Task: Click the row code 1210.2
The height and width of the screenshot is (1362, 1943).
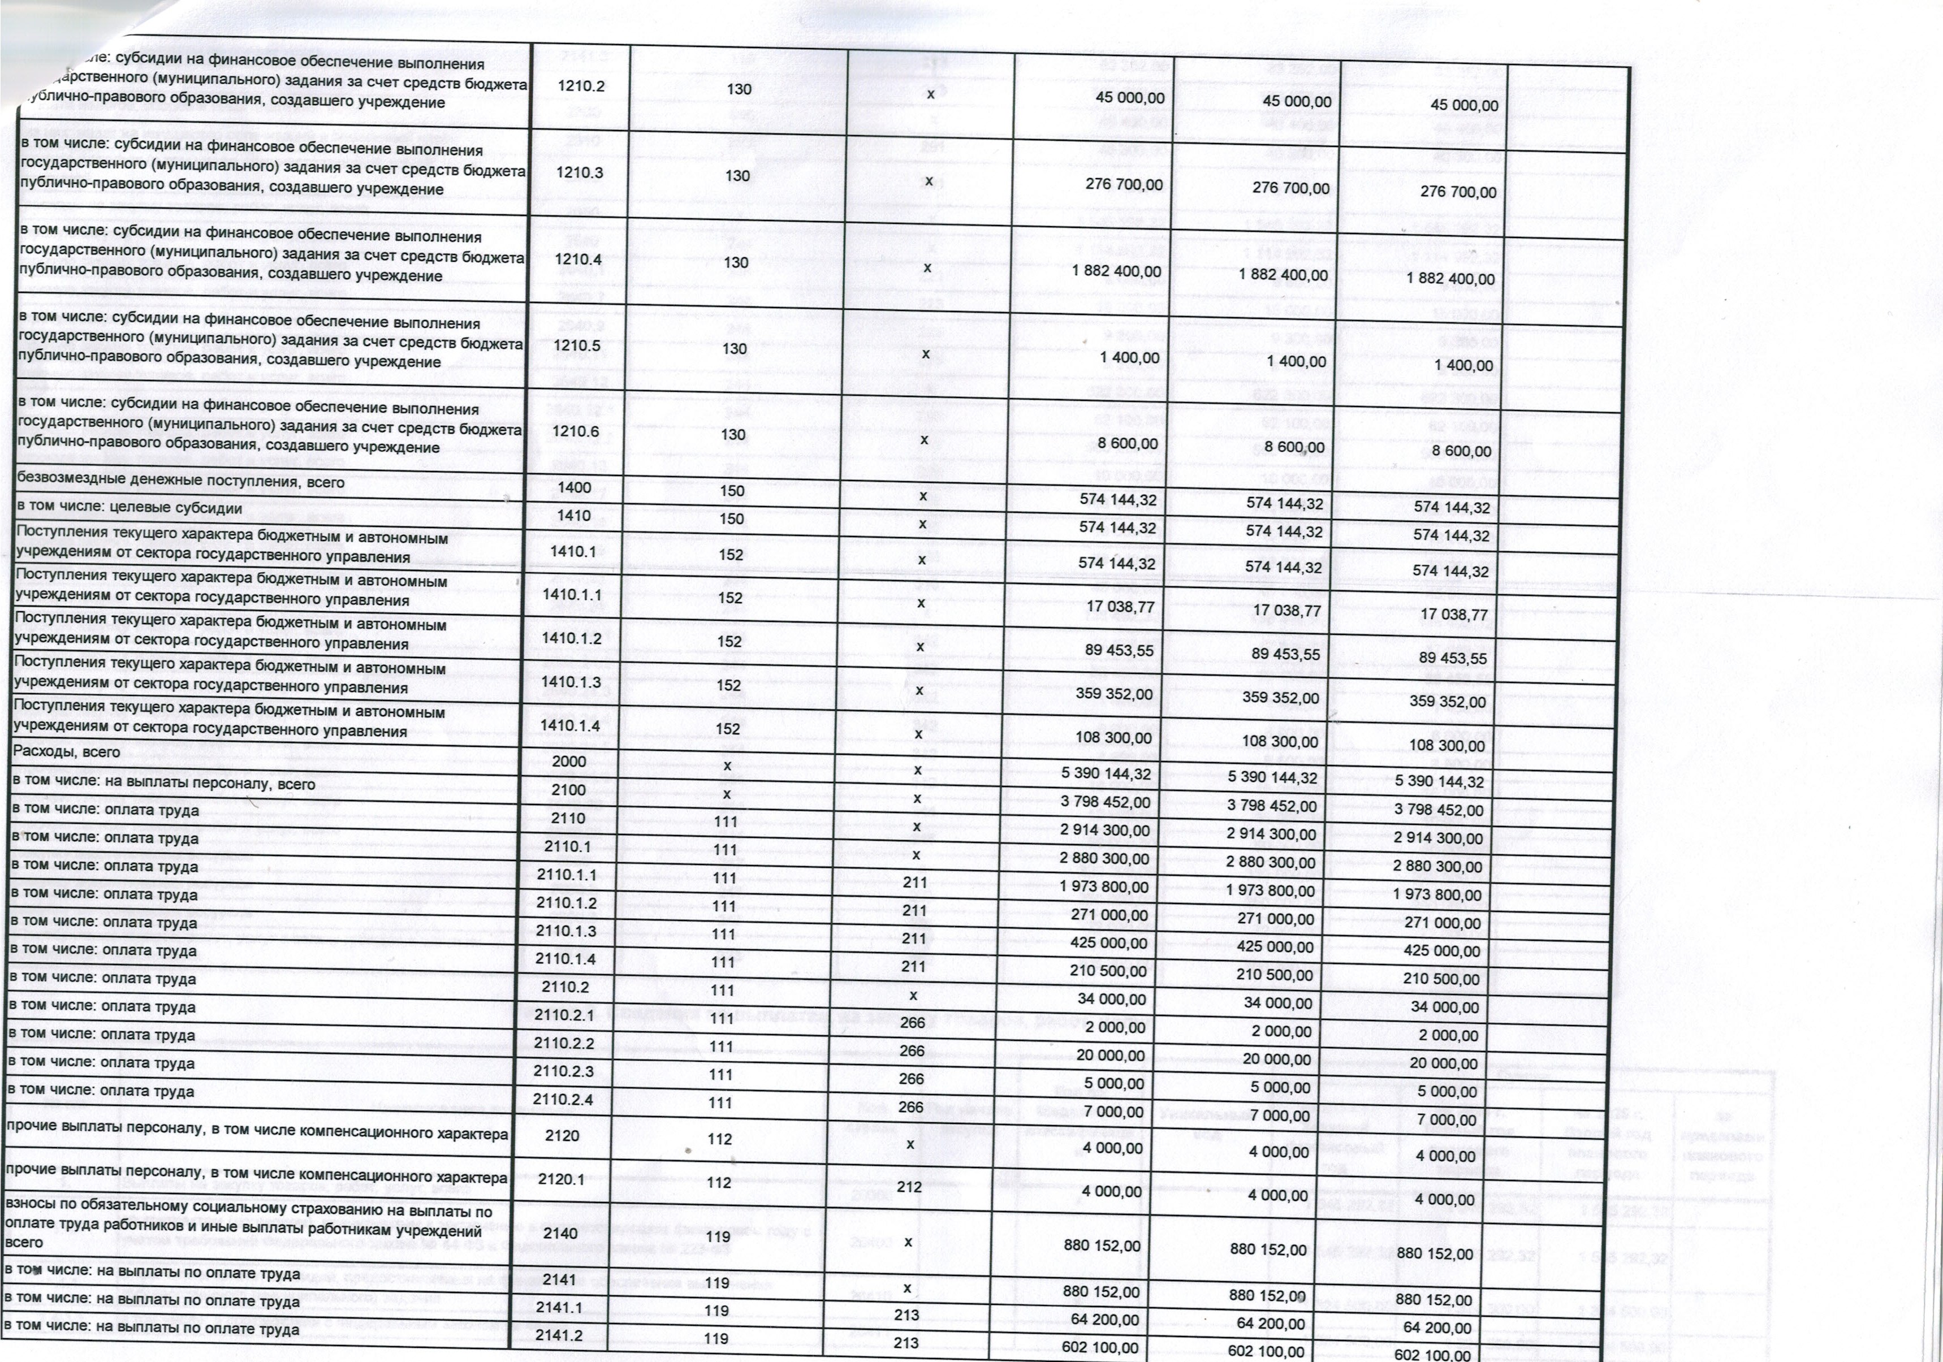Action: [x=581, y=87]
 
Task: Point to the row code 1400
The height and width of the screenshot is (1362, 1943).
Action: [x=576, y=487]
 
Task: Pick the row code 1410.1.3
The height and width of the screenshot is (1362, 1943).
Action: [x=571, y=682]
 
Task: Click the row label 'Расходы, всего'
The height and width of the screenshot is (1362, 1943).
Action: [x=67, y=752]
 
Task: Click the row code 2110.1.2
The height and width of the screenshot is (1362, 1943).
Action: [x=566, y=903]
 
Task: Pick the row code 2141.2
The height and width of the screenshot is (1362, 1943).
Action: [x=559, y=1336]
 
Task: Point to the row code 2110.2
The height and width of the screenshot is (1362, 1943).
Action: [x=565, y=987]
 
